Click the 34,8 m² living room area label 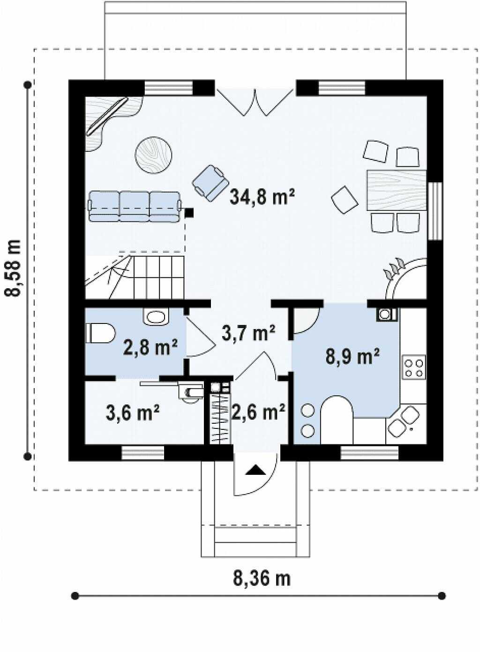tap(262, 197)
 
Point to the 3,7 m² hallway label tap(248, 333)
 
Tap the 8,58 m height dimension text tap(12, 268)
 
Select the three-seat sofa tap(135, 206)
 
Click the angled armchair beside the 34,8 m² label tap(210, 182)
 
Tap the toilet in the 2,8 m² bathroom tap(100, 333)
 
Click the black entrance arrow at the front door tap(255, 471)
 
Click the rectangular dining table tap(397, 190)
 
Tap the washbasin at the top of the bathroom tap(156, 316)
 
